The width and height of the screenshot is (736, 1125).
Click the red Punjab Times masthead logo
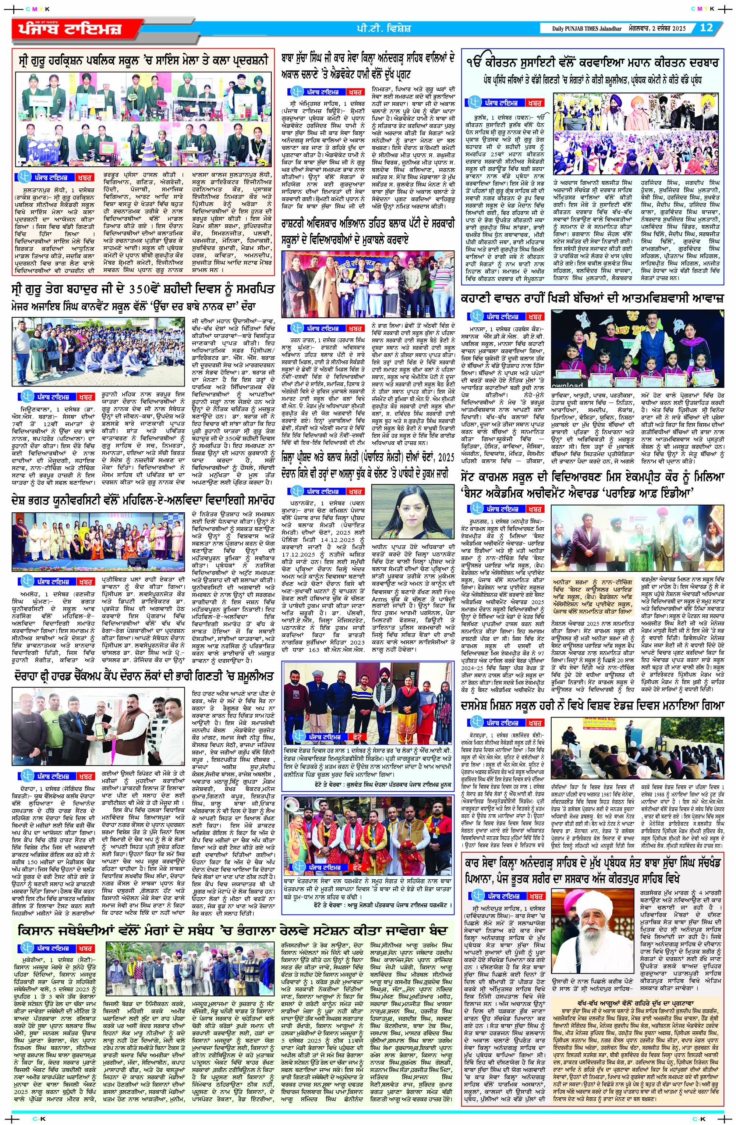click(x=66, y=28)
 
